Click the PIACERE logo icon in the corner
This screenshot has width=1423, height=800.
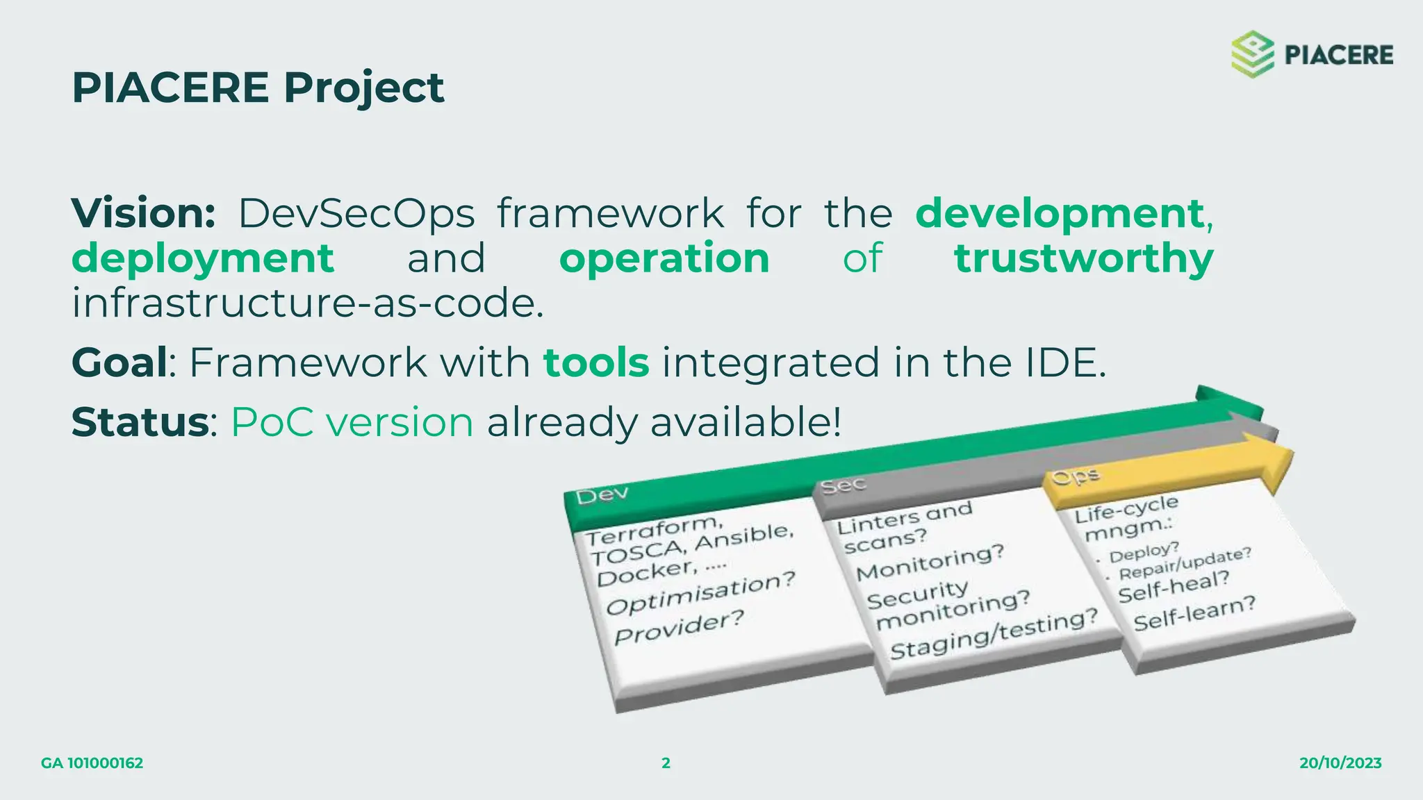pyautogui.click(x=1252, y=54)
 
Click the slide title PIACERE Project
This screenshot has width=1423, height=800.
pyautogui.click(x=258, y=87)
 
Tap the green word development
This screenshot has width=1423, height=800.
pyautogui.click(x=1060, y=212)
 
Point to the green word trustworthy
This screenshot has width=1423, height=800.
pyautogui.click(x=1083, y=258)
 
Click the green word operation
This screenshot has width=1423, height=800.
pyautogui.click(x=664, y=258)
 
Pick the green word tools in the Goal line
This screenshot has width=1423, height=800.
pyautogui.click(x=596, y=362)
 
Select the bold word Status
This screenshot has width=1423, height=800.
pyautogui.click(x=140, y=422)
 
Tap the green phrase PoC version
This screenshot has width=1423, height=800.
pyautogui.click(x=352, y=422)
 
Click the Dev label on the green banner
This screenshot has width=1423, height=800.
pyautogui.click(x=602, y=494)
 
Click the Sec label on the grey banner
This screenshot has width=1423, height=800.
pyautogui.click(x=843, y=485)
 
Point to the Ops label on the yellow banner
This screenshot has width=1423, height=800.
pyautogui.click(x=1076, y=476)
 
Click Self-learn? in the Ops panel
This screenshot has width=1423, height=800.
pyautogui.click(x=1194, y=612)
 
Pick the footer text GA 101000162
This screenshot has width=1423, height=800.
pyautogui.click(x=92, y=763)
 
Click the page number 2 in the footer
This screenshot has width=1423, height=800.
pyautogui.click(x=666, y=763)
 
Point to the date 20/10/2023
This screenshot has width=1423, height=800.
pyautogui.click(x=1340, y=763)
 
